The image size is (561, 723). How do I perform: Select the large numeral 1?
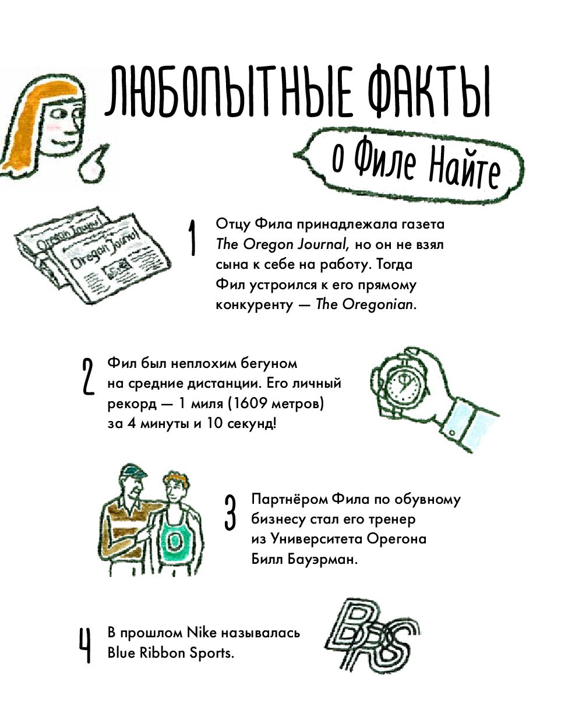pyautogui.click(x=192, y=237)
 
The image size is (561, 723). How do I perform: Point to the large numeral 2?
pyautogui.click(x=88, y=377)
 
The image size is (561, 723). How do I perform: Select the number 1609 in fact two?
pyautogui.click(x=249, y=403)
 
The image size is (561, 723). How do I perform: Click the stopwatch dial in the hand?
pyautogui.click(x=404, y=386)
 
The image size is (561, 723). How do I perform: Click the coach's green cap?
pyautogui.click(x=133, y=470)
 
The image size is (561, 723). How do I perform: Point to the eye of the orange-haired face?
pyautogui.click(x=59, y=115)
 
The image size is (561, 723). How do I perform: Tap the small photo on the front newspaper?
pyautogui.click(x=117, y=266)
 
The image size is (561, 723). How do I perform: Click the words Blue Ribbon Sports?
pyautogui.click(x=171, y=653)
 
